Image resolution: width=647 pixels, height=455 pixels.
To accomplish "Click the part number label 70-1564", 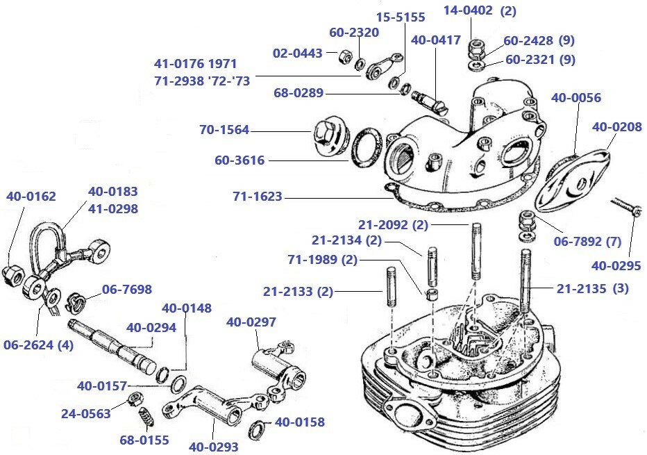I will pos(224,130).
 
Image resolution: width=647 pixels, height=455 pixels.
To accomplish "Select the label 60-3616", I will pos(240,160).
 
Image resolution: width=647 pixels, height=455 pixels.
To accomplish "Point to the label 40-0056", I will pos(575,98).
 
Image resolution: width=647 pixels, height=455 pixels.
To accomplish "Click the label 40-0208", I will pos(616,127).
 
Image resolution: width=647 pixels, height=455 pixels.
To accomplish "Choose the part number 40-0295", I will pos(616,265).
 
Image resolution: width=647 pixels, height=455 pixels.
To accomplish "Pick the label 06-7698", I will pos(126,289).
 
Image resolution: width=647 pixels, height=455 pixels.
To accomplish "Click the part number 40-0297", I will pos(251,322).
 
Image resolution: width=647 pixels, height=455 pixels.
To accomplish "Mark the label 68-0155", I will pos(144,440).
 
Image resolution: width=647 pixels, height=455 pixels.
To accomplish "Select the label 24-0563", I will pos(85,414).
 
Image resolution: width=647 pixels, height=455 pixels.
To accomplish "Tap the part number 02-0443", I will pos(297,53).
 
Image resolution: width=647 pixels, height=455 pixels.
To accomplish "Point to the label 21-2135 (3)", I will pos(592,288).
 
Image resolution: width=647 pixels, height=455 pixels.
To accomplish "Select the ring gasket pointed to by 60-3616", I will pos(366,147).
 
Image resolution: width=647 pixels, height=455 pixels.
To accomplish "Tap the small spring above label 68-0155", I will pos(146,418).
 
